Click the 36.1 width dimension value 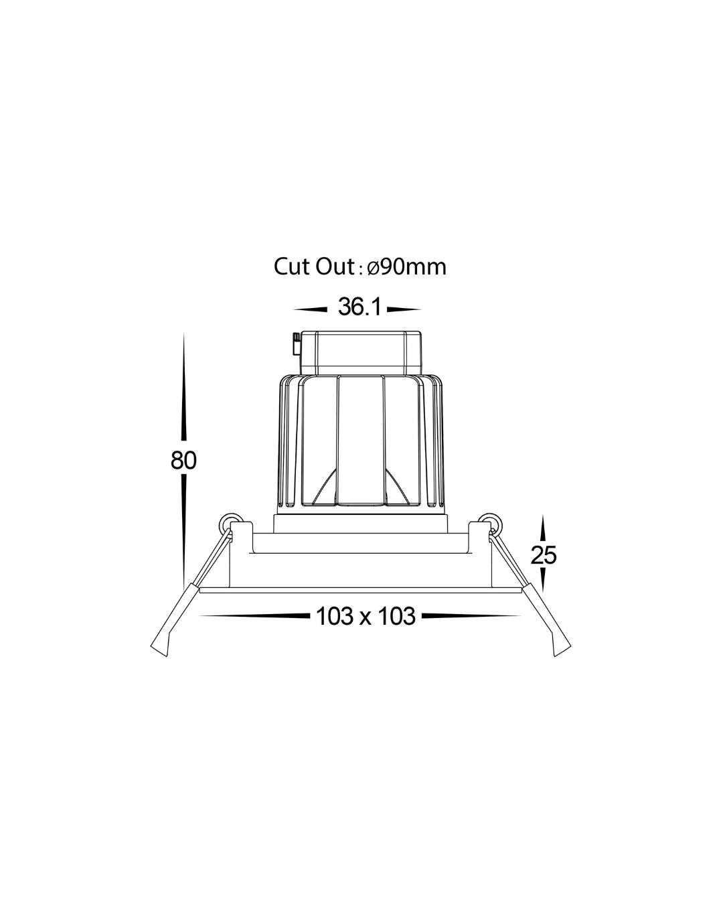(x=359, y=307)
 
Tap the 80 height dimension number (x=183, y=461)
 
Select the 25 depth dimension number (x=544, y=554)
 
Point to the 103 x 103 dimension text (x=366, y=615)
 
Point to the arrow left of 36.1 (x=311, y=309)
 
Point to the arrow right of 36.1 (x=404, y=309)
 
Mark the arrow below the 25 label (x=544, y=579)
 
